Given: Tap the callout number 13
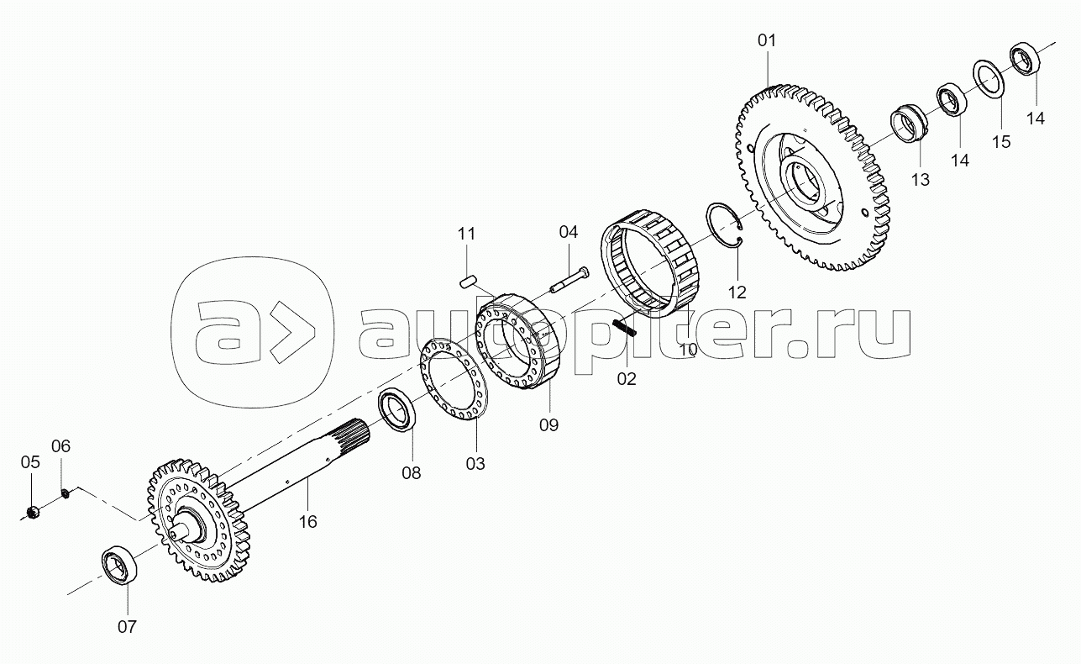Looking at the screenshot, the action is coord(920,180).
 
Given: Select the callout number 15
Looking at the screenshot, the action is coord(1001,142).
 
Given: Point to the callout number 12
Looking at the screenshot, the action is coord(737,292).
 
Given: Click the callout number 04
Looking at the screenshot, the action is coord(568,232).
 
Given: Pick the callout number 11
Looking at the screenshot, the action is coord(466,234).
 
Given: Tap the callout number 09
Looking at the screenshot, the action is coord(548,425).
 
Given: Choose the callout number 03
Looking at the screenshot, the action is coord(475,464).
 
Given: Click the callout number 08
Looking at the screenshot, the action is coord(412,472).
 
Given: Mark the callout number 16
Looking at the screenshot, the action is coord(307,522).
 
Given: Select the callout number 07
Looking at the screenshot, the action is coord(127,627).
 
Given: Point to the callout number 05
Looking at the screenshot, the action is coord(30,462).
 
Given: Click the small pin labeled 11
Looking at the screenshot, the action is coord(468,281).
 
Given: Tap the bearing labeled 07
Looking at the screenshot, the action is coord(119,566).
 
